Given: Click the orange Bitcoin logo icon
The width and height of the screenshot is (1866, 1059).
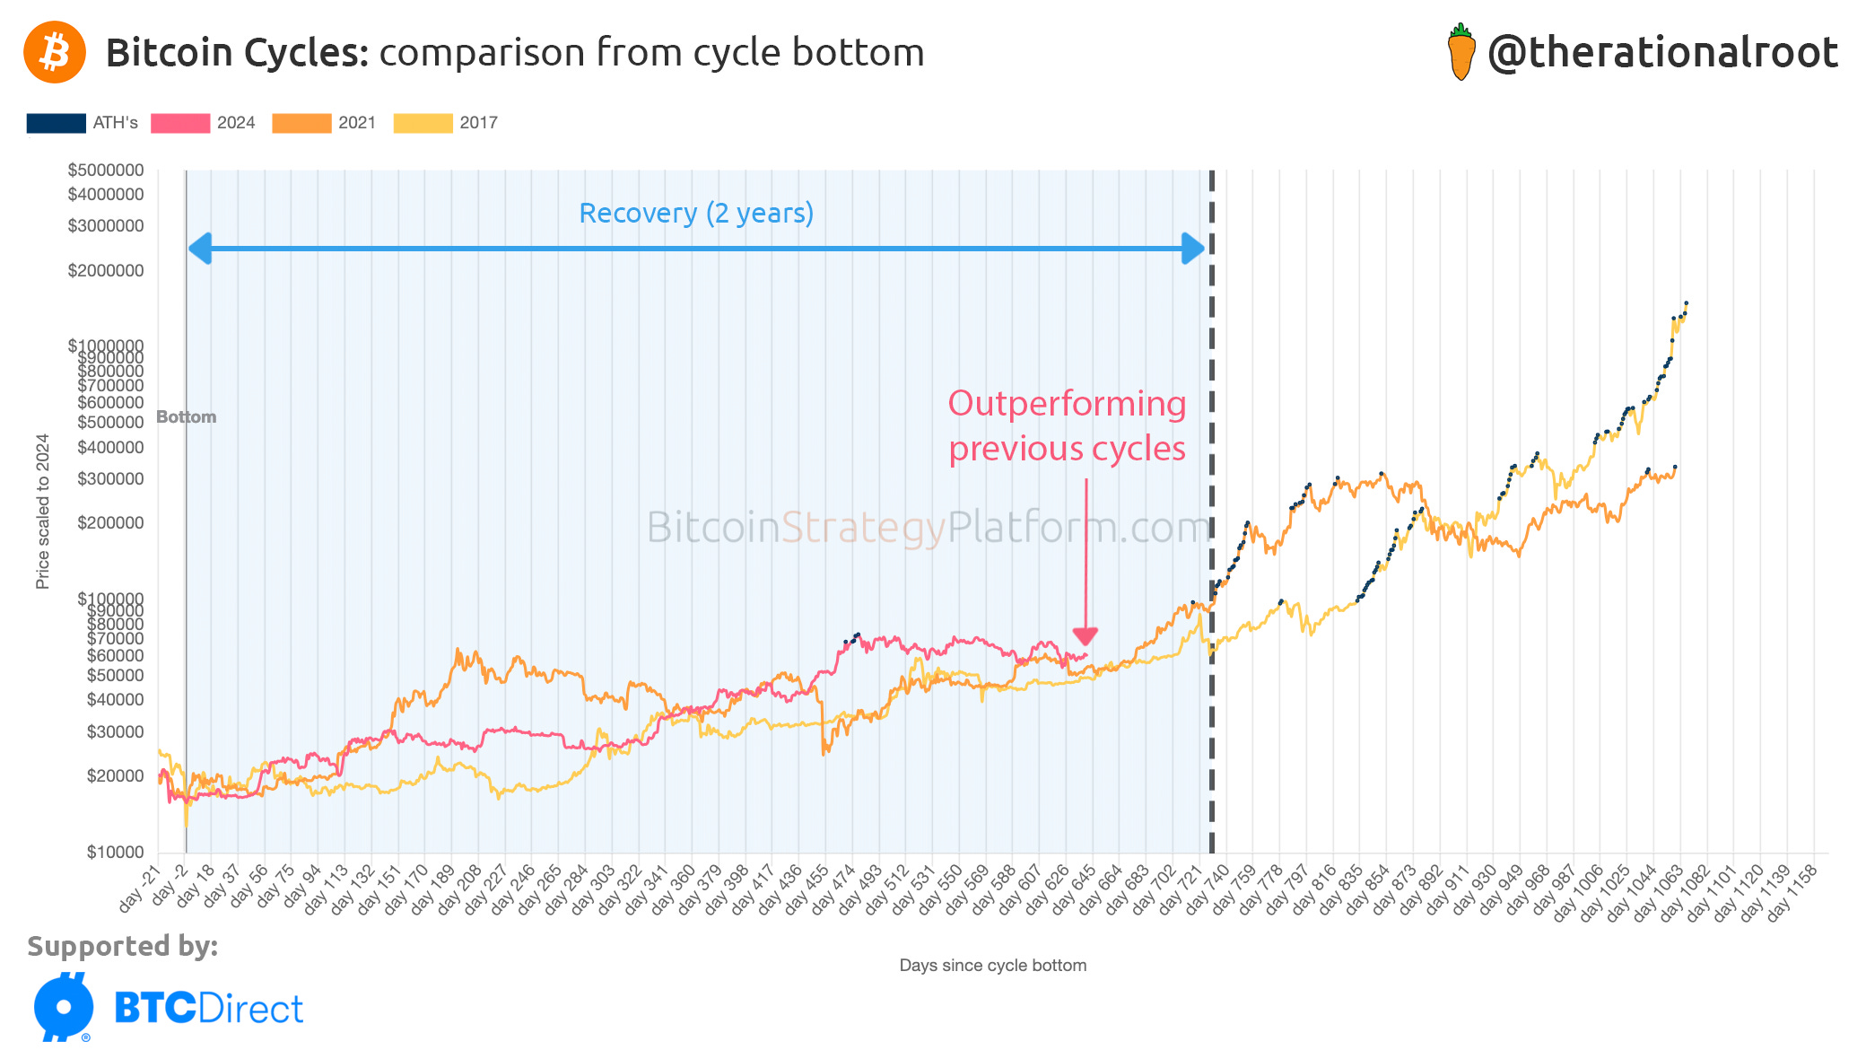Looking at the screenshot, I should pos(55,52).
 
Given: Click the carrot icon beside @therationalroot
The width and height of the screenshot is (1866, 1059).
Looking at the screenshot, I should pos(1461,52).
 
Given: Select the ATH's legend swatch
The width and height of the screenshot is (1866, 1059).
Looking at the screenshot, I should pos(57,123).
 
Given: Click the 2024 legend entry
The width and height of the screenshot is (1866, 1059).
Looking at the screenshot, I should pos(204,123).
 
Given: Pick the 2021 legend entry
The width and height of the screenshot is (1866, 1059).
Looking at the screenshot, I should pos(325,123).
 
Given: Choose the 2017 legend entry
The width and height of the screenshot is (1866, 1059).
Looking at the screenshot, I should pos(446,123).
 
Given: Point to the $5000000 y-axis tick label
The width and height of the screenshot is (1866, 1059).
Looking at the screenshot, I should pos(106,171).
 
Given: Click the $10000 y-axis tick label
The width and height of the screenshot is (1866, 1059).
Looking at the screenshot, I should pos(115,852).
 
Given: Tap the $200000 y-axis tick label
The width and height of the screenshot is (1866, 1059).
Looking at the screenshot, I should pos(110,522).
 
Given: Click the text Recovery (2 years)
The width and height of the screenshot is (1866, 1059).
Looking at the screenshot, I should pos(696,214).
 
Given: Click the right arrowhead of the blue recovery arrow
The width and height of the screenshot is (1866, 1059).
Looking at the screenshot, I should pos(1193,249).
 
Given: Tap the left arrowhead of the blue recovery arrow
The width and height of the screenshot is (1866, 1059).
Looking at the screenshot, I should pos(200,249).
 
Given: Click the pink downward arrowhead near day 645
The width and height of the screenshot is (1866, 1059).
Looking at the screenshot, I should pos(1086,636).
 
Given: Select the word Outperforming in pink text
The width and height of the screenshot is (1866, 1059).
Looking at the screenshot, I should pos(1067,404).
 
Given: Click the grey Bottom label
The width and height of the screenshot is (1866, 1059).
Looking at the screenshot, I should pos(187,417).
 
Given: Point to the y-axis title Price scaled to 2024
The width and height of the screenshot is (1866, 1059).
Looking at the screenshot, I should pos(42,512).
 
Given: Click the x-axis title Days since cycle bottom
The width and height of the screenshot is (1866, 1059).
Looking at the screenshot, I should pos(992,966).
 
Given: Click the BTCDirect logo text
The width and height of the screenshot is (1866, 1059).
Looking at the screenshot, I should pos(208,1009).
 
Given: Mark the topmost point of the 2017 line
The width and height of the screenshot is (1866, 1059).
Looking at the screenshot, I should pos(1687,303).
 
